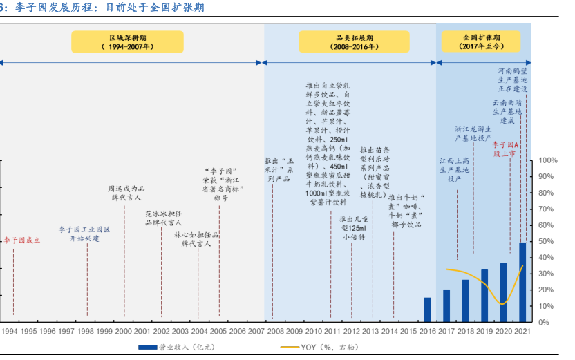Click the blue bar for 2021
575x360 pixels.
[x=522, y=282]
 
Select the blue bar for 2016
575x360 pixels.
[x=428, y=310]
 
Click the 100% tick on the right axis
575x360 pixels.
[x=547, y=161]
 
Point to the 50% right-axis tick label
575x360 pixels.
[x=546, y=242]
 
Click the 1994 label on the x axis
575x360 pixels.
[x=10, y=332]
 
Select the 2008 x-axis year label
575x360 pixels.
[x=275, y=332]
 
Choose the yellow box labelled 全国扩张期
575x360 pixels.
[x=480, y=42]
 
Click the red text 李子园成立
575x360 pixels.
[x=22, y=240]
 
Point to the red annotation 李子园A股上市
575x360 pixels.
[x=505, y=149]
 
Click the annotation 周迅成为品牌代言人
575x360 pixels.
[x=126, y=193]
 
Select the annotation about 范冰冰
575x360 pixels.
[x=163, y=218]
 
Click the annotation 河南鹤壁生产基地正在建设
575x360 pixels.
[x=513, y=79]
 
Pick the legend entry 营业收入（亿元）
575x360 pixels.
[x=182, y=348]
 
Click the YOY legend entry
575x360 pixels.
[x=318, y=348]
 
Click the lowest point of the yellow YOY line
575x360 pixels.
[x=502, y=304]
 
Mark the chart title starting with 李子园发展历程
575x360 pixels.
[x=111, y=8]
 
